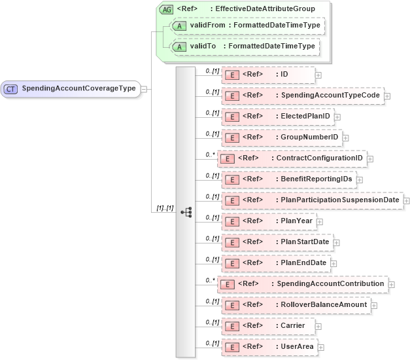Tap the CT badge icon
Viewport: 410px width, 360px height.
click(11, 89)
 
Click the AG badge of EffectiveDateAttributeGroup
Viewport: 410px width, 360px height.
click(166, 9)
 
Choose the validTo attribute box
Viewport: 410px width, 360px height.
click(243, 46)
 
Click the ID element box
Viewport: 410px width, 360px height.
click(269, 75)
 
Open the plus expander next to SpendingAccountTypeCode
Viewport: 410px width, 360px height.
click(387, 96)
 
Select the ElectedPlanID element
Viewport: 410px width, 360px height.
click(278, 117)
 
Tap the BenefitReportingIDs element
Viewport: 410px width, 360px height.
click(289, 179)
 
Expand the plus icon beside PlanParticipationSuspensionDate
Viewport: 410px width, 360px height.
click(407, 200)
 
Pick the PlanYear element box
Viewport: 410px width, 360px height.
click(269, 221)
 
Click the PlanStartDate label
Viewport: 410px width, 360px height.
click(305, 242)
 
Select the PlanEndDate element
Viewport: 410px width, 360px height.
click(276, 263)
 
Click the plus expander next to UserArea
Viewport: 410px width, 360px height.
click(320, 347)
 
